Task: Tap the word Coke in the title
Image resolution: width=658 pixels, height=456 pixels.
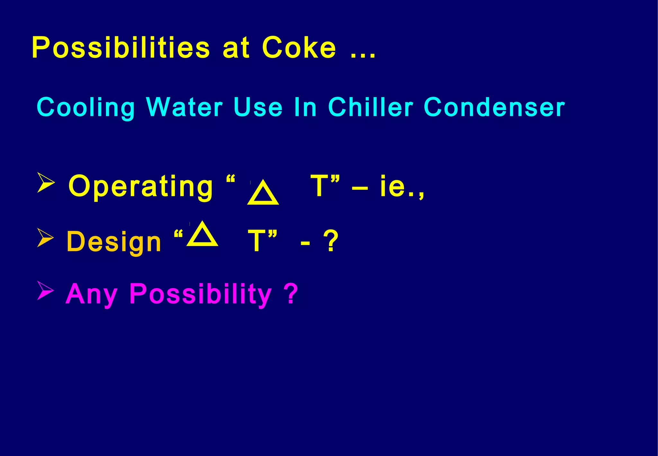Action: click(299, 48)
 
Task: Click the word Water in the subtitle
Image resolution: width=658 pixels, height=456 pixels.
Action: click(184, 107)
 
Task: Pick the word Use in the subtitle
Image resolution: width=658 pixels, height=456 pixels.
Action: click(258, 107)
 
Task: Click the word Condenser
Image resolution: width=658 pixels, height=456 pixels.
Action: click(494, 107)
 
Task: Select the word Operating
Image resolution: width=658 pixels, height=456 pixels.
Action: click(140, 187)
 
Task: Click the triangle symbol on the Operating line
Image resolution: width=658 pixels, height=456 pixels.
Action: click(263, 193)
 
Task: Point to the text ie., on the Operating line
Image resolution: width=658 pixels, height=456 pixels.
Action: click(402, 187)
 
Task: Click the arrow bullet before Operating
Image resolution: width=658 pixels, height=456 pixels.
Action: click(46, 182)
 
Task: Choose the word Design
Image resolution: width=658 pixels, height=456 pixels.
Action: click(114, 242)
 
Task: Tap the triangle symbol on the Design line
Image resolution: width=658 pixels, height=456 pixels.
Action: click(202, 235)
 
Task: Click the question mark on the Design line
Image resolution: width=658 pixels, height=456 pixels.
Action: click(331, 241)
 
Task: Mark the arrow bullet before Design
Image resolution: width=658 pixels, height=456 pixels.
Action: click(45, 238)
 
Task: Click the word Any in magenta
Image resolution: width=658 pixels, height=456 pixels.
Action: click(91, 294)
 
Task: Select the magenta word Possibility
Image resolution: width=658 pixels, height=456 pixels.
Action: click(200, 294)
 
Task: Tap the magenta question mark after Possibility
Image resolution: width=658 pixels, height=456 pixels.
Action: click(291, 293)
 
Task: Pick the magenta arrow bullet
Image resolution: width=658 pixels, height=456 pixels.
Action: click(45, 290)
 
